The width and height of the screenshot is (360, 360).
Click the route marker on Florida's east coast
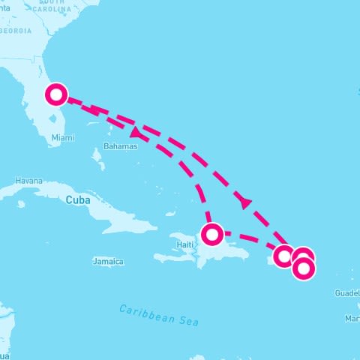(x=56, y=95)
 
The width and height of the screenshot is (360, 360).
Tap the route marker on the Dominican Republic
(x=212, y=234)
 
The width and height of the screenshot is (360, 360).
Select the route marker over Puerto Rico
(x=284, y=256)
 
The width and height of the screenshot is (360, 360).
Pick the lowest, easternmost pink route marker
(x=304, y=268)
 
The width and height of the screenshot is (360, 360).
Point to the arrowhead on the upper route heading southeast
(x=244, y=203)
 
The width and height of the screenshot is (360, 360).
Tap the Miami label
(x=63, y=138)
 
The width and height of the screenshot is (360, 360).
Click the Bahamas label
(x=121, y=147)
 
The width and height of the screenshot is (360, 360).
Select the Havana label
(x=29, y=181)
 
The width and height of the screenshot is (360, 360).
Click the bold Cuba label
(x=77, y=200)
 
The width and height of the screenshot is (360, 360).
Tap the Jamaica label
(x=107, y=262)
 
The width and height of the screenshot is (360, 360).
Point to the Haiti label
(x=184, y=245)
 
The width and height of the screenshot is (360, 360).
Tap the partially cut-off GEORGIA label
(x=16, y=31)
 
